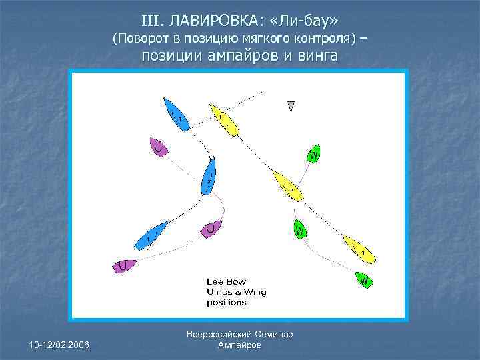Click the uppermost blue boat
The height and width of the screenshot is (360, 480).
[175, 114]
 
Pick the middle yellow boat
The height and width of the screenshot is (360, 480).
[287, 186]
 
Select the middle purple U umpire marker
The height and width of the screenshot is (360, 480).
[211, 229]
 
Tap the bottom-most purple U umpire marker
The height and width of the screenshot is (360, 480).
[125, 265]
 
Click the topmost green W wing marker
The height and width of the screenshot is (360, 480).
[313, 155]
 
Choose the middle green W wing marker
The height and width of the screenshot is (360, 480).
[300, 230]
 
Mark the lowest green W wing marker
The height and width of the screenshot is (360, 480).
[364, 279]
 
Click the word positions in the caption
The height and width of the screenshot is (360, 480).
[226, 302]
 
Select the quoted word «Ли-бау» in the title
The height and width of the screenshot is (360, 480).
[307, 21]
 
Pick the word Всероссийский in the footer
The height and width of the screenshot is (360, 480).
[221, 334]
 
